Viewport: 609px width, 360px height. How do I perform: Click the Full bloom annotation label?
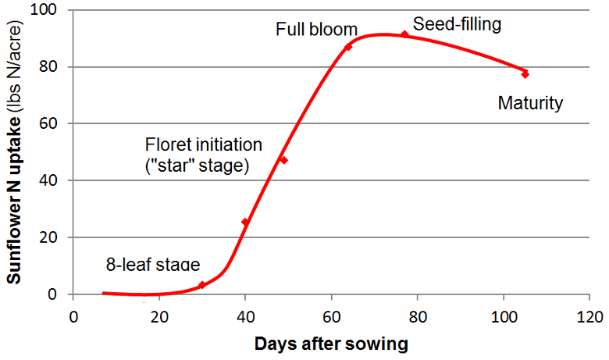[316, 30]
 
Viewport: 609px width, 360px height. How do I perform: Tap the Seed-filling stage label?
[457, 24]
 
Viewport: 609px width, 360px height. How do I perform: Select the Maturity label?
[530, 103]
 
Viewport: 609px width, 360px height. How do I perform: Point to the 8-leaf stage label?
[153, 265]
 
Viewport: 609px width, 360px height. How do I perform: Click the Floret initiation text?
[204, 145]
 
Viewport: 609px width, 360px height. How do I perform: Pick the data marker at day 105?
[525, 74]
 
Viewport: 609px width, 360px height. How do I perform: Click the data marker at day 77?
[404, 34]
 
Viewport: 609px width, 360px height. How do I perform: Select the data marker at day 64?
[348, 47]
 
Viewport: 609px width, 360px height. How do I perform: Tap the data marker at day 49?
[283, 160]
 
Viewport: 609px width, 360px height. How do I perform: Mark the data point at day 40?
[245, 223]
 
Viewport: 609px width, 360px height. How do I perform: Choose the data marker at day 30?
[201, 285]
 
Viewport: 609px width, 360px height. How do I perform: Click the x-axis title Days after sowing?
[330, 343]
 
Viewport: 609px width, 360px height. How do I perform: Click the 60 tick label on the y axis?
[55, 123]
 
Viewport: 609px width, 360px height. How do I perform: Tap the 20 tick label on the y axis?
[55, 237]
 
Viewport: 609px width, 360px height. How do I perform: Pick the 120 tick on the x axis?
[589, 316]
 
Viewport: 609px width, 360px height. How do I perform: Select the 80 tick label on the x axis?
[418, 316]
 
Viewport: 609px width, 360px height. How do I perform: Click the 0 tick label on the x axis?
[73, 316]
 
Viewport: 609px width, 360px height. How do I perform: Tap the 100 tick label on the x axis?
[504, 316]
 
